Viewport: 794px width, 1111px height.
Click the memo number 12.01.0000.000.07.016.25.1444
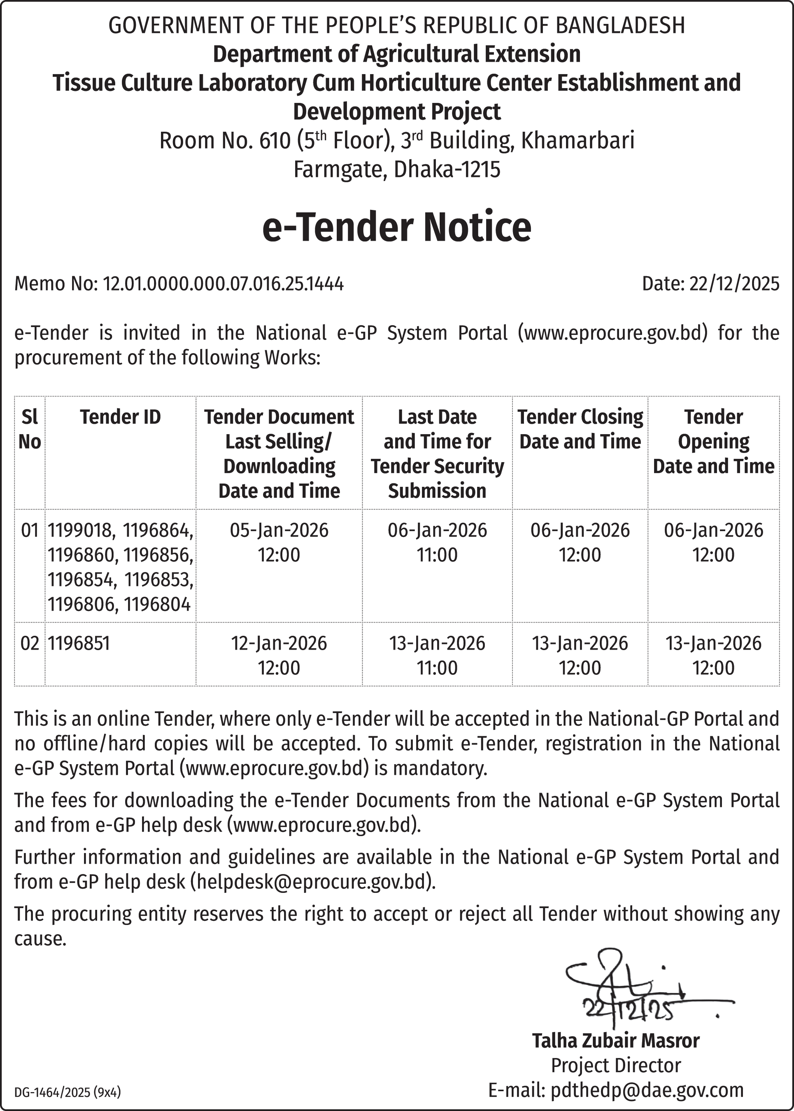click(x=223, y=284)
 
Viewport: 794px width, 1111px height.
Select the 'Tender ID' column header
click(x=120, y=417)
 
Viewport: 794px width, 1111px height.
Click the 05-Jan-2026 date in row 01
click(x=279, y=530)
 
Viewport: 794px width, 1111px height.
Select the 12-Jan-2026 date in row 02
click(x=279, y=643)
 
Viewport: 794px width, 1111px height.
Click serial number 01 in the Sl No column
click(x=30, y=530)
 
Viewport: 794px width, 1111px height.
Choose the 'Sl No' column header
click(x=30, y=429)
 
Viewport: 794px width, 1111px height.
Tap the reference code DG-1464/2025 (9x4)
click(x=68, y=1092)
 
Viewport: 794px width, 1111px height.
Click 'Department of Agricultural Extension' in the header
click(x=397, y=54)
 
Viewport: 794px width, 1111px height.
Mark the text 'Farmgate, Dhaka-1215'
click(x=397, y=169)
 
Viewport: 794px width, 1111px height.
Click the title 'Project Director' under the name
click(x=615, y=1066)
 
